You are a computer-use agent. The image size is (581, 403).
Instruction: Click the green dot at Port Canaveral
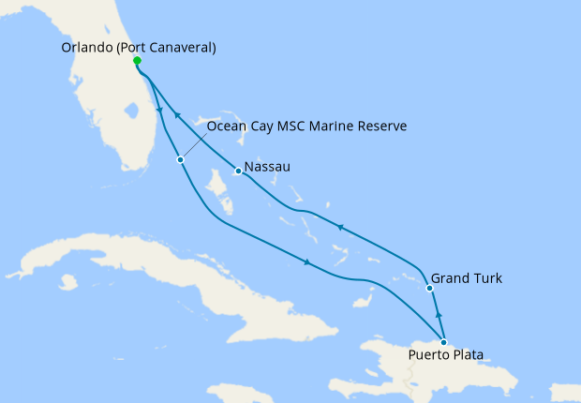click(138, 61)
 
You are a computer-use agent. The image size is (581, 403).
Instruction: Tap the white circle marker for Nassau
click(238, 172)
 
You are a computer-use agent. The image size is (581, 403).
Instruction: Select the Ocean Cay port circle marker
click(180, 159)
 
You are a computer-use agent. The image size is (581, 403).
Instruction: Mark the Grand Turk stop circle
click(429, 288)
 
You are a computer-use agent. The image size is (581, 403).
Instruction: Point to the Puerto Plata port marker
click(443, 342)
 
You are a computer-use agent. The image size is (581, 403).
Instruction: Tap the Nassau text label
click(268, 167)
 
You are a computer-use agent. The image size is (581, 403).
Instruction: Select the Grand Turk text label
click(467, 278)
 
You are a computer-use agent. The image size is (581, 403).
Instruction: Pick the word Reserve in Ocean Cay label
click(380, 126)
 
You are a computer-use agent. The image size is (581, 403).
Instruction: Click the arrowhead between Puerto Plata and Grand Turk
click(438, 316)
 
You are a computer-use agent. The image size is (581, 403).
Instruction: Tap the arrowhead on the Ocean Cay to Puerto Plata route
click(307, 262)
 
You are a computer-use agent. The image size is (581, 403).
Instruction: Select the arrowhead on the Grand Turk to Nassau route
click(340, 228)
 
